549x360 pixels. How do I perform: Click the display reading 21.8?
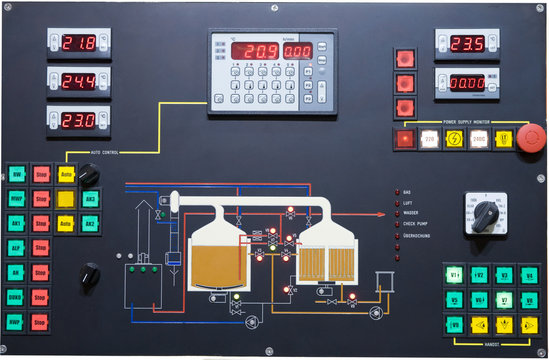tap(79, 44)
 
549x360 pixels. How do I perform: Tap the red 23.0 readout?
tap(79, 119)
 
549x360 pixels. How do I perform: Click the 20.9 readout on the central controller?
tap(260, 51)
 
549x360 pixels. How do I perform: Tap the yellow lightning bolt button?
tap(454, 139)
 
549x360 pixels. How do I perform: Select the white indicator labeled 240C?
tap(479, 139)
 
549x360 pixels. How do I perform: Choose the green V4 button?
tap(529, 274)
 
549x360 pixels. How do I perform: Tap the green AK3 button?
tap(90, 199)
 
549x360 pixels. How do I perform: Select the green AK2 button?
tap(90, 223)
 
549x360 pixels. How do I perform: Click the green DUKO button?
tap(16, 297)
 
